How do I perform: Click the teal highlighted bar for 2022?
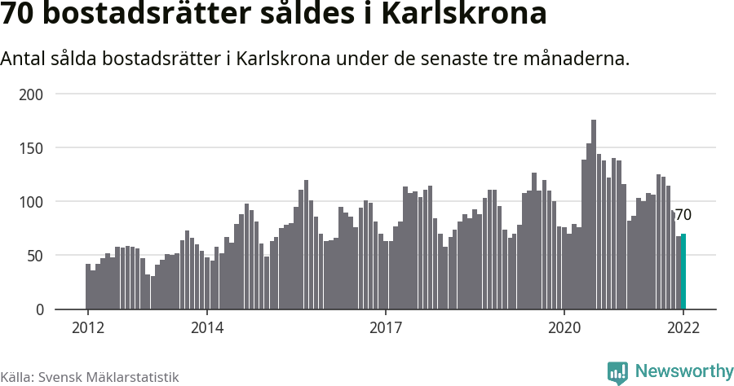coord(683,272)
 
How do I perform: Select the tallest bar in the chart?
coord(594,215)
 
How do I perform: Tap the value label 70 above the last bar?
coord(683,215)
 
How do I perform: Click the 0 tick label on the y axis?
coord(39,309)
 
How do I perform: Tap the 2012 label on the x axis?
coord(88,327)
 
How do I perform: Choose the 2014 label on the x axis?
coord(207,327)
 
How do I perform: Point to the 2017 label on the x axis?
coord(386,327)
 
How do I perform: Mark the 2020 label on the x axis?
coord(564,327)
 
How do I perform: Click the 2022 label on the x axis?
coord(683,327)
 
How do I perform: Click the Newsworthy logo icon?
coord(617,372)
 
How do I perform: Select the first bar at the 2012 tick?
coord(88,287)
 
